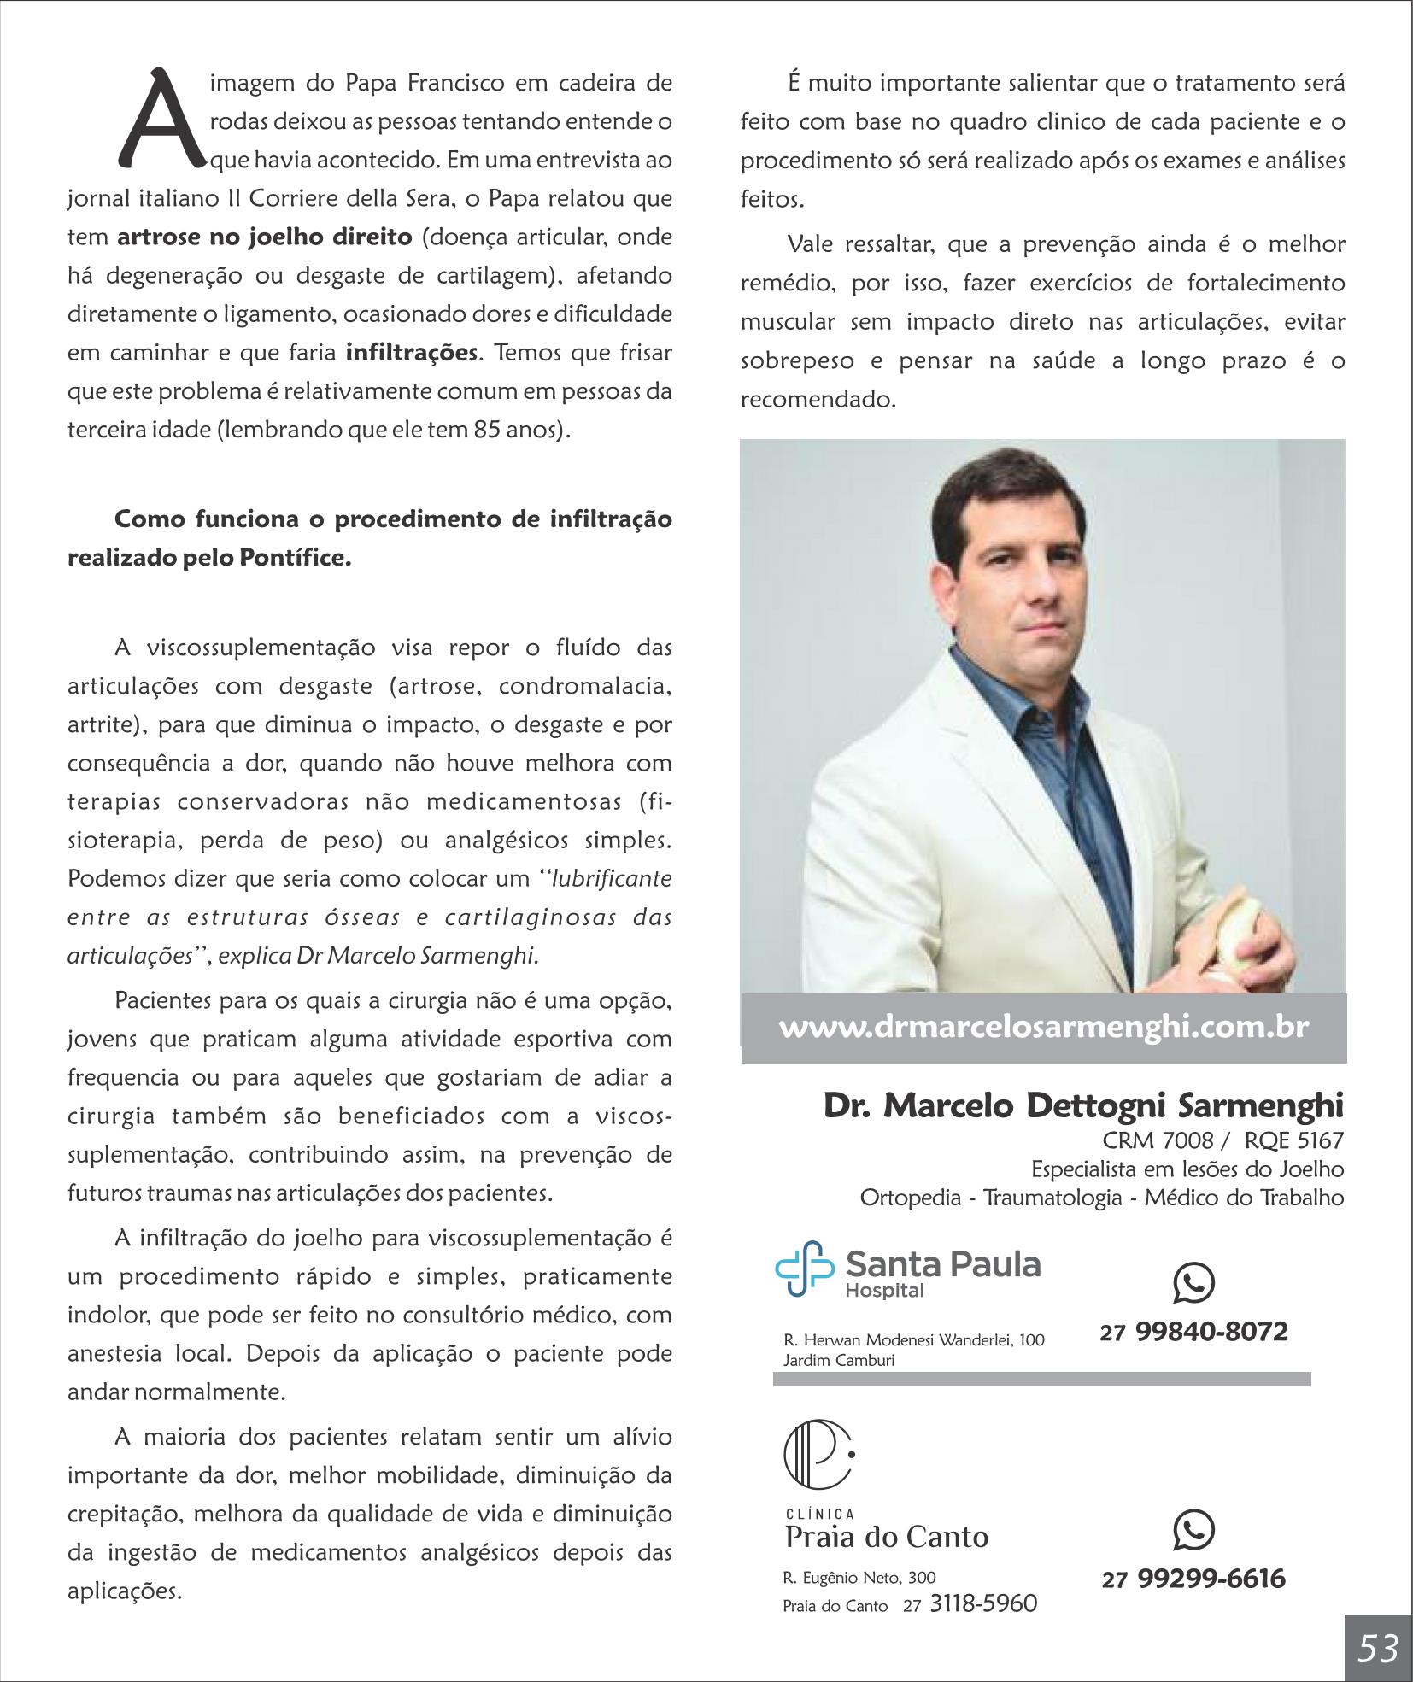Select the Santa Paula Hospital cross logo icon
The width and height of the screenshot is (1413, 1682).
click(804, 1269)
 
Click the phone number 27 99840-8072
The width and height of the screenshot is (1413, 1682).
click(1193, 1332)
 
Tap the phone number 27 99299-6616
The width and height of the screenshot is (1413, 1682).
click(1193, 1578)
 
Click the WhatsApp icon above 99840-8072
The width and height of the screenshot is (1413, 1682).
click(1193, 1283)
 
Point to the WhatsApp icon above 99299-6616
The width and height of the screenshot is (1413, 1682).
click(1193, 1529)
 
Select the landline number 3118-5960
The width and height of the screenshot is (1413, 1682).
click(982, 1603)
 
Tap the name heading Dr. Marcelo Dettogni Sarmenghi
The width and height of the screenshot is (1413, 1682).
click(1083, 1105)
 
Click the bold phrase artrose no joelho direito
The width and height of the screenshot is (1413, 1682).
click(265, 237)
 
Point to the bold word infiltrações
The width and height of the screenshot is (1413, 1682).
click(411, 352)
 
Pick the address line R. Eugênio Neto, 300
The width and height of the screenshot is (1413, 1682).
click(859, 1577)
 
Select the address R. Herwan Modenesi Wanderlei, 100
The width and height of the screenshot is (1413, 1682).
click(913, 1339)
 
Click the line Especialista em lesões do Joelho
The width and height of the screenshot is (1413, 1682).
click(1187, 1169)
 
